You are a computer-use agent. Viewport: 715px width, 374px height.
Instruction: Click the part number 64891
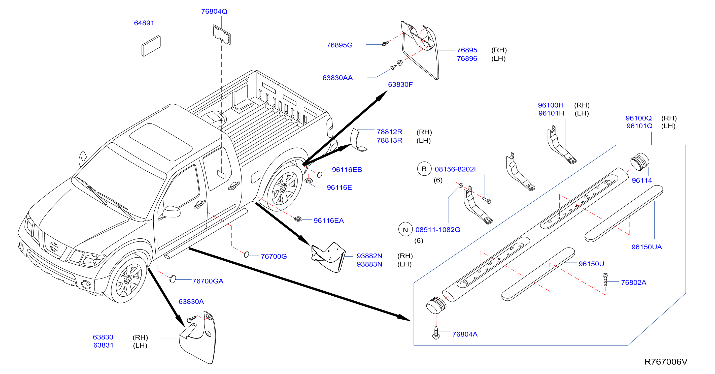pyautogui.click(x=144, y=23)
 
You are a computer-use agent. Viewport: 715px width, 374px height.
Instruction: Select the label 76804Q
pyautogui.click(x=214, y=11)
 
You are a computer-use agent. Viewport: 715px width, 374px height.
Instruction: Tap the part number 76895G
pyautogui.click(x=339, y=45)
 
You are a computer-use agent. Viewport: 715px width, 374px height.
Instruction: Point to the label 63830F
pyautogui.click(x=400, y=84)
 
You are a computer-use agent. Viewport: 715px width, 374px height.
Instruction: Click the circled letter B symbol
pyautogui.click(x=424, y=169)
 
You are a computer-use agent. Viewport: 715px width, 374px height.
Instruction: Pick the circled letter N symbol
pyautogui.click(x=405, y=230)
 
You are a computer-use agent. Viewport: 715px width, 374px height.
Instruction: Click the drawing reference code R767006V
pyautogui.click(x=666, y=361)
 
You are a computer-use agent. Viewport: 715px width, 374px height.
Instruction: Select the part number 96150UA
pyautogui.click(x=646, y=247)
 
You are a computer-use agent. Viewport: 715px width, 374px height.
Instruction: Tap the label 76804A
pyautogui.click(x=465, y=334)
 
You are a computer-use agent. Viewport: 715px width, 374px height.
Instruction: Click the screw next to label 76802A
pyautogui.click(x=605, y=279)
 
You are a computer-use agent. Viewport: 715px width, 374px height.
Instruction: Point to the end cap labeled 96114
pyautogui.click(x=639, y=161)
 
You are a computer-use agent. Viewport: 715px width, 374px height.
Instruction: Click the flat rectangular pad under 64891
pyautogui.click(x=151, y=46)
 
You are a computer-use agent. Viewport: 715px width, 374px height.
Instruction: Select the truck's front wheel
pyautogui.click(x=128, y=279)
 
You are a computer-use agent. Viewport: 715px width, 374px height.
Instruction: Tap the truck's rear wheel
pyautogui.click(x=284, y=188)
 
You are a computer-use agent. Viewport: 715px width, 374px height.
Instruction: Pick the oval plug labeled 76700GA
pyautogui.click(x=173, y=279)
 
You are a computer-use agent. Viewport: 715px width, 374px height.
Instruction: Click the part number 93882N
pyautogui.click(x=369, y=256)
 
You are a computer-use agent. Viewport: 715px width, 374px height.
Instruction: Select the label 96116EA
pyautogui.click(x=328, y=221)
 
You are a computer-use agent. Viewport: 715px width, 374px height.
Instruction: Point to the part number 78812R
pyautogui.click(x=389, y=132)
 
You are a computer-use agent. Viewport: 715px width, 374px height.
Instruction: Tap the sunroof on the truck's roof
pyautogui.click(x=161, y=142)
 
